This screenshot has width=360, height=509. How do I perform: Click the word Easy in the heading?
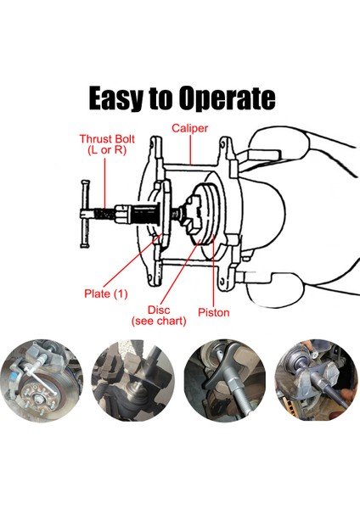(115, 98)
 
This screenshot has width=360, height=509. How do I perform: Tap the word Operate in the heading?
(227, 98)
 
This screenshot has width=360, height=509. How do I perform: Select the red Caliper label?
(189, 128)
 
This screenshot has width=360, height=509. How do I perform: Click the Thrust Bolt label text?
(107, 139)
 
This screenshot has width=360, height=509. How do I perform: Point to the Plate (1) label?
(105, 294)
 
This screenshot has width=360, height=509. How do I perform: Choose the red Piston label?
(214, 312)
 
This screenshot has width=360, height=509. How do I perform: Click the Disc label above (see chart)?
(159, 310)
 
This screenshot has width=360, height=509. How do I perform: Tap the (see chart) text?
(159, 321)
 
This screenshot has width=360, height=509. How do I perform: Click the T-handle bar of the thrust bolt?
(85, 214)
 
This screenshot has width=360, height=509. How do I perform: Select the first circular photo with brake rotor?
(42, 380)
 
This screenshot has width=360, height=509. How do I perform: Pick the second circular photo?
(133, 380)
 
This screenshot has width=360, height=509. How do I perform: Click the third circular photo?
(225, 380)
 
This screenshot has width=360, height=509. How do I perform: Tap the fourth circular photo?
(316, 380)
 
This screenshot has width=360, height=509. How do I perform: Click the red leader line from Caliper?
(191, 149)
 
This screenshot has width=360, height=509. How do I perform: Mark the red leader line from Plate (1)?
(132, 261)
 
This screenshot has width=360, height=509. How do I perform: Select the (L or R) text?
(107, 150)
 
